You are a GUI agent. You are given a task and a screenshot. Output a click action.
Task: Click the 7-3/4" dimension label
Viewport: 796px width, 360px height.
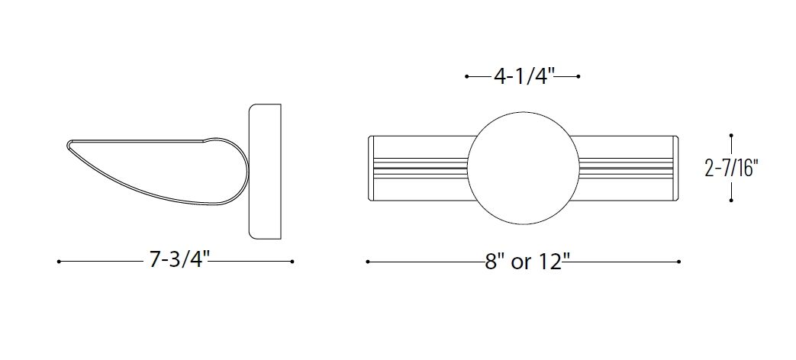pos(179,259)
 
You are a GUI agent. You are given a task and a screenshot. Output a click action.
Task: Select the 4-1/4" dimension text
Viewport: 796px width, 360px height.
pos(523,76)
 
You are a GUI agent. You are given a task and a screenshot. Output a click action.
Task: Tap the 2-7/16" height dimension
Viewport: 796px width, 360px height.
pos(732,168)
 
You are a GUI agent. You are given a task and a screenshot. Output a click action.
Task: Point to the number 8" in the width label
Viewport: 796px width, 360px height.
pos(491,262)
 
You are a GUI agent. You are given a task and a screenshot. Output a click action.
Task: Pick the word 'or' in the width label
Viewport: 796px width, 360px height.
pos(519,264)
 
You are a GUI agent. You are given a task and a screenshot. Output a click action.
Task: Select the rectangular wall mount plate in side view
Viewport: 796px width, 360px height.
pos(265,172)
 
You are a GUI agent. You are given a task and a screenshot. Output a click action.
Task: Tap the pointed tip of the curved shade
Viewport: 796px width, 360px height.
pos(68,145)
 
